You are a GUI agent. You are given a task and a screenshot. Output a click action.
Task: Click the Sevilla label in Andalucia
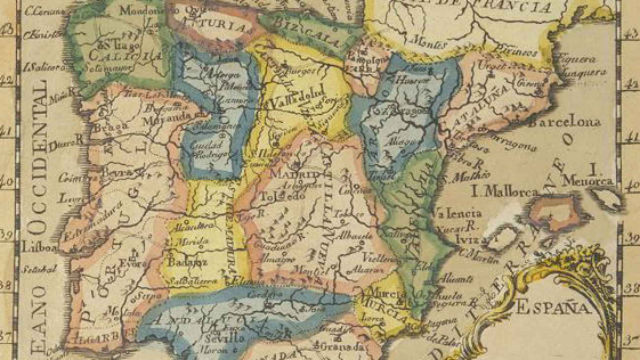coord(227,338)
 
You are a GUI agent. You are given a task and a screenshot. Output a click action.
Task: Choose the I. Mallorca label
coord(504,192)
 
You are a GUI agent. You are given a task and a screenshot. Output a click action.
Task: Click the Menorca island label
coord(588,181)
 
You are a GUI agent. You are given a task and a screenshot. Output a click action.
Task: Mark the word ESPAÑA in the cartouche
coord(552,308)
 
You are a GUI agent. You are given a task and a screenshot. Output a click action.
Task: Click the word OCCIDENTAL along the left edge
coord(38,158)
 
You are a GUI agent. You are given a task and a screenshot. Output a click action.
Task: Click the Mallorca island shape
coord(557,212)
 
